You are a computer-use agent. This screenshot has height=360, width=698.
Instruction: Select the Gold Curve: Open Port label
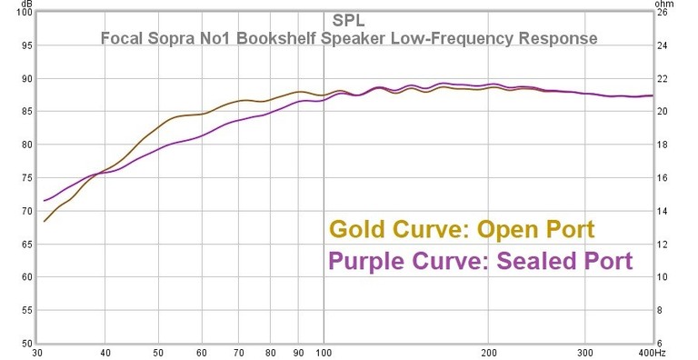click(462, 228)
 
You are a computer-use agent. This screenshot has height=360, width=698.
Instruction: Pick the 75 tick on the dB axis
click(26, 178)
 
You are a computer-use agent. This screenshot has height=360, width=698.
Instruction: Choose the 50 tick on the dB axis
click(26, 344)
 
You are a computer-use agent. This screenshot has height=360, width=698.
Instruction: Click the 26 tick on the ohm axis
click(663, 13)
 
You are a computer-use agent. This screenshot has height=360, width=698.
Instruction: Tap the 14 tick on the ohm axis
click(663, 212)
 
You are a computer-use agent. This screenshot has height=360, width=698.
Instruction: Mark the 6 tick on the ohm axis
click(663, 344)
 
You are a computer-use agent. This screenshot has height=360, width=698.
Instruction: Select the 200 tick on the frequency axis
click(490, 352)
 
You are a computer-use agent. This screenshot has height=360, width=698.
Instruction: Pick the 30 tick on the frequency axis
click(37, 352)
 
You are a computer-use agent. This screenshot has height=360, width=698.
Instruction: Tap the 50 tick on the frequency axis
click(159, 352)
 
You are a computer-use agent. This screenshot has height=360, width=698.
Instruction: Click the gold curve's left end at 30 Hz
click(44, 221)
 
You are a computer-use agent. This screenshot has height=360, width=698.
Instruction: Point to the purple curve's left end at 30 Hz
click(44, 201)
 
